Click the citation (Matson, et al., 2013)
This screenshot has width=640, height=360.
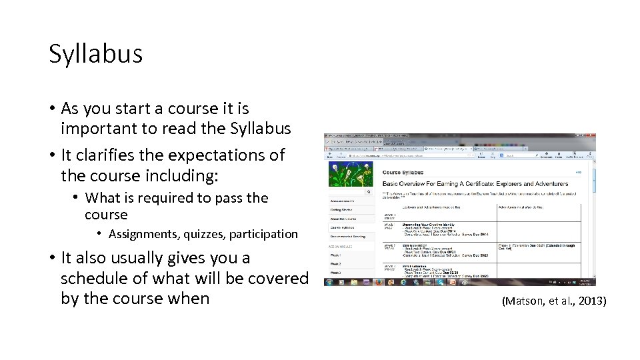coord(553,301)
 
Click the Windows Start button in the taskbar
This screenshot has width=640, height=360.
coord(330,282)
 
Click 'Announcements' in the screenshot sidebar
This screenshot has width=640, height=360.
coord(343,200)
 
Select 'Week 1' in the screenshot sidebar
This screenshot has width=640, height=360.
coord(336,254)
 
